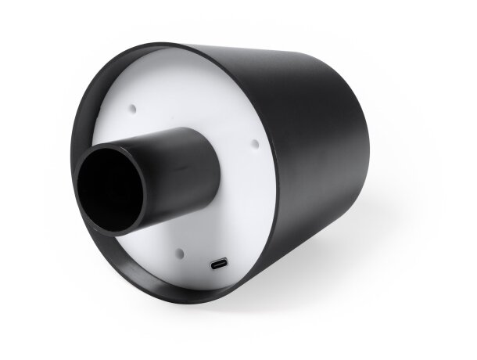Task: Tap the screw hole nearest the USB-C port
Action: pyautogui.click(x=180, y=252)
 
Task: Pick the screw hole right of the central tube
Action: pyautogui.click(x=254, y=142)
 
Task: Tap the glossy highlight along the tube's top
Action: pyautogui.click(x=168, y=134)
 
